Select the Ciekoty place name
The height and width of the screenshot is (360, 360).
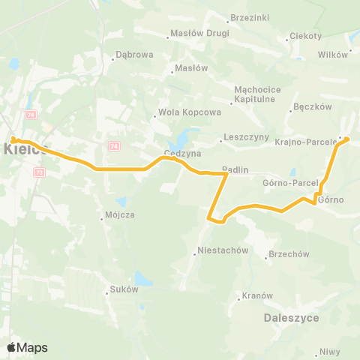click(307, 36)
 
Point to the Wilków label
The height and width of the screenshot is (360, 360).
click(333, 54)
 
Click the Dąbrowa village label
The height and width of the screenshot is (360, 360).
click(134, 55)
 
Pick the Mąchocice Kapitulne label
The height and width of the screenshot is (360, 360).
click(257, 94)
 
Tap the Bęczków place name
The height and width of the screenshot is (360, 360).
click(313, 106)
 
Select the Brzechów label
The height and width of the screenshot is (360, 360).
click(289, 254)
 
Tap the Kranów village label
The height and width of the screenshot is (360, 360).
click(257, 295)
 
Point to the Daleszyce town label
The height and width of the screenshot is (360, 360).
click(292, 318)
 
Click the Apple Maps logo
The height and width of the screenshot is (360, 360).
click(27, 347)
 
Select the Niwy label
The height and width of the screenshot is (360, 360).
click(329, 351)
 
